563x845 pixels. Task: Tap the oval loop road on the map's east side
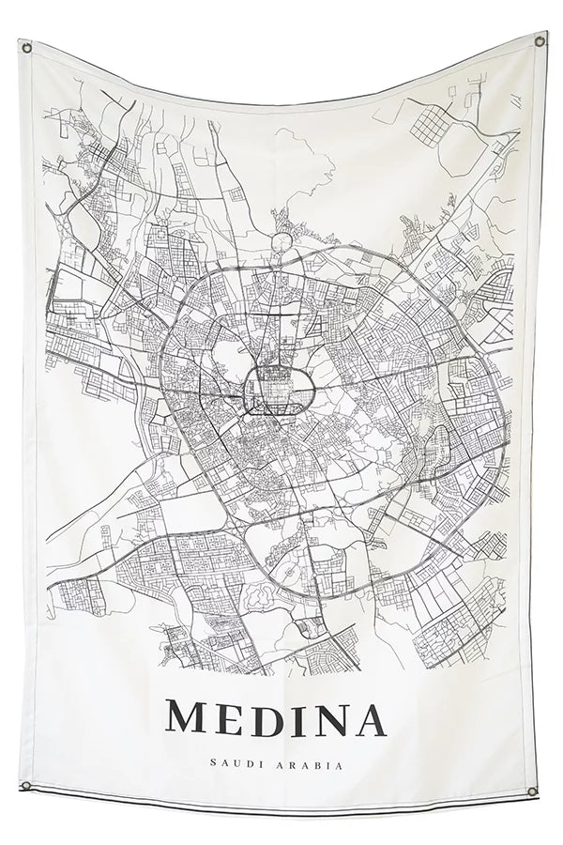tap(435, 449)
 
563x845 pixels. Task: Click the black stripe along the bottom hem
tap(281, 800)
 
